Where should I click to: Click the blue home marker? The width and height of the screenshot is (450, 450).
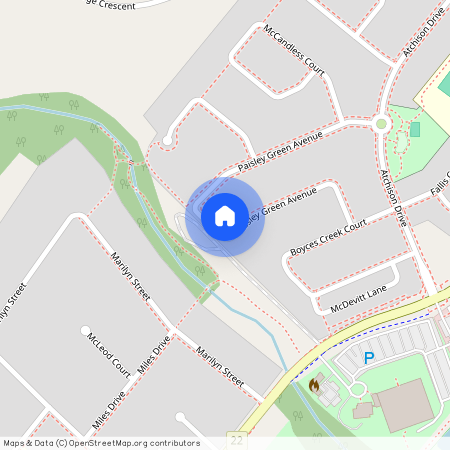225,215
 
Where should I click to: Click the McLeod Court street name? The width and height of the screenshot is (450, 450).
109,353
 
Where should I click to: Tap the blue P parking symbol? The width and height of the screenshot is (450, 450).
369,357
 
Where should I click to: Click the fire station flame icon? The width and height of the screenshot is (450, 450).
314,384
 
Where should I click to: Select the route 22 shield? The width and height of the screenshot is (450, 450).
235,438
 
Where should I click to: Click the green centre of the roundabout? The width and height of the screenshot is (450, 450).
380,124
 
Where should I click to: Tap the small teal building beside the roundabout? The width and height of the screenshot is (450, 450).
415,129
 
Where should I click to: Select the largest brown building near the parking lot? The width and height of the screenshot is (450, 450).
405,401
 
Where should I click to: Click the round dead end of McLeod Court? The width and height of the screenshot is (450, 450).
84,328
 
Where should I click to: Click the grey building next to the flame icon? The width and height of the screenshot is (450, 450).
363,410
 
